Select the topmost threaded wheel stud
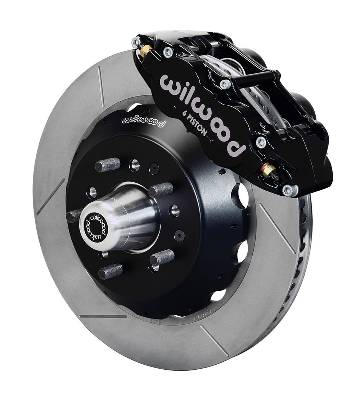tap(108, 164)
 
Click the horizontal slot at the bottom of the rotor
tap(103, 316)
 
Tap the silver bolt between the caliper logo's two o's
tap(225, 85)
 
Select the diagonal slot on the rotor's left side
tap(50, 196)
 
